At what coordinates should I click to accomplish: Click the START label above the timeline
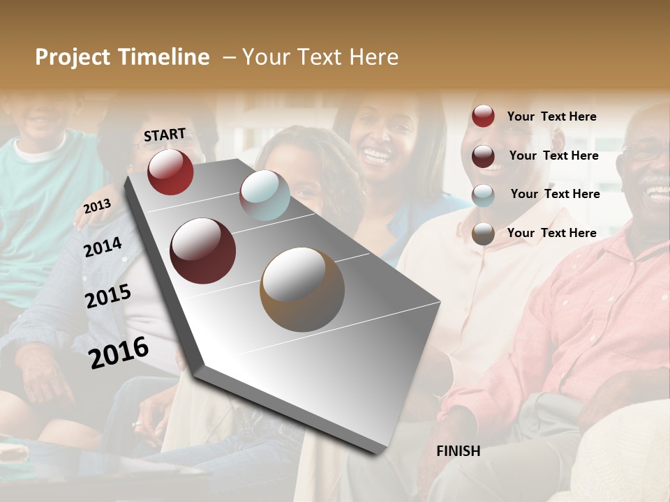(165, 135)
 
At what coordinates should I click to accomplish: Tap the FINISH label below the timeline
(458, 451)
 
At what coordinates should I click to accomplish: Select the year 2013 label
(98, 206)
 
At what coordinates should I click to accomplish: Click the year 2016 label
(119, 352)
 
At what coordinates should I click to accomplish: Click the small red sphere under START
(170, 172)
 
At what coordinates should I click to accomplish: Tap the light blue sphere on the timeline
(265, 195)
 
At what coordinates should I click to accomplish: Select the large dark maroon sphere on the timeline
(203, 251)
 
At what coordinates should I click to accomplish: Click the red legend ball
(483, 116)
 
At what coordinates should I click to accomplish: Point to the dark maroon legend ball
(483, 155)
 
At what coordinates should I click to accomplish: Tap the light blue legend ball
(483, 195)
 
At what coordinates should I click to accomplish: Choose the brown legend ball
(483, 234)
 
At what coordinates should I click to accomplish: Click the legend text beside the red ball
(551, 116)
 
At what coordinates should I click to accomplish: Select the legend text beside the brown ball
(551, 233)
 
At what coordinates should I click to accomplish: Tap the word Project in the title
(70, 57)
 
